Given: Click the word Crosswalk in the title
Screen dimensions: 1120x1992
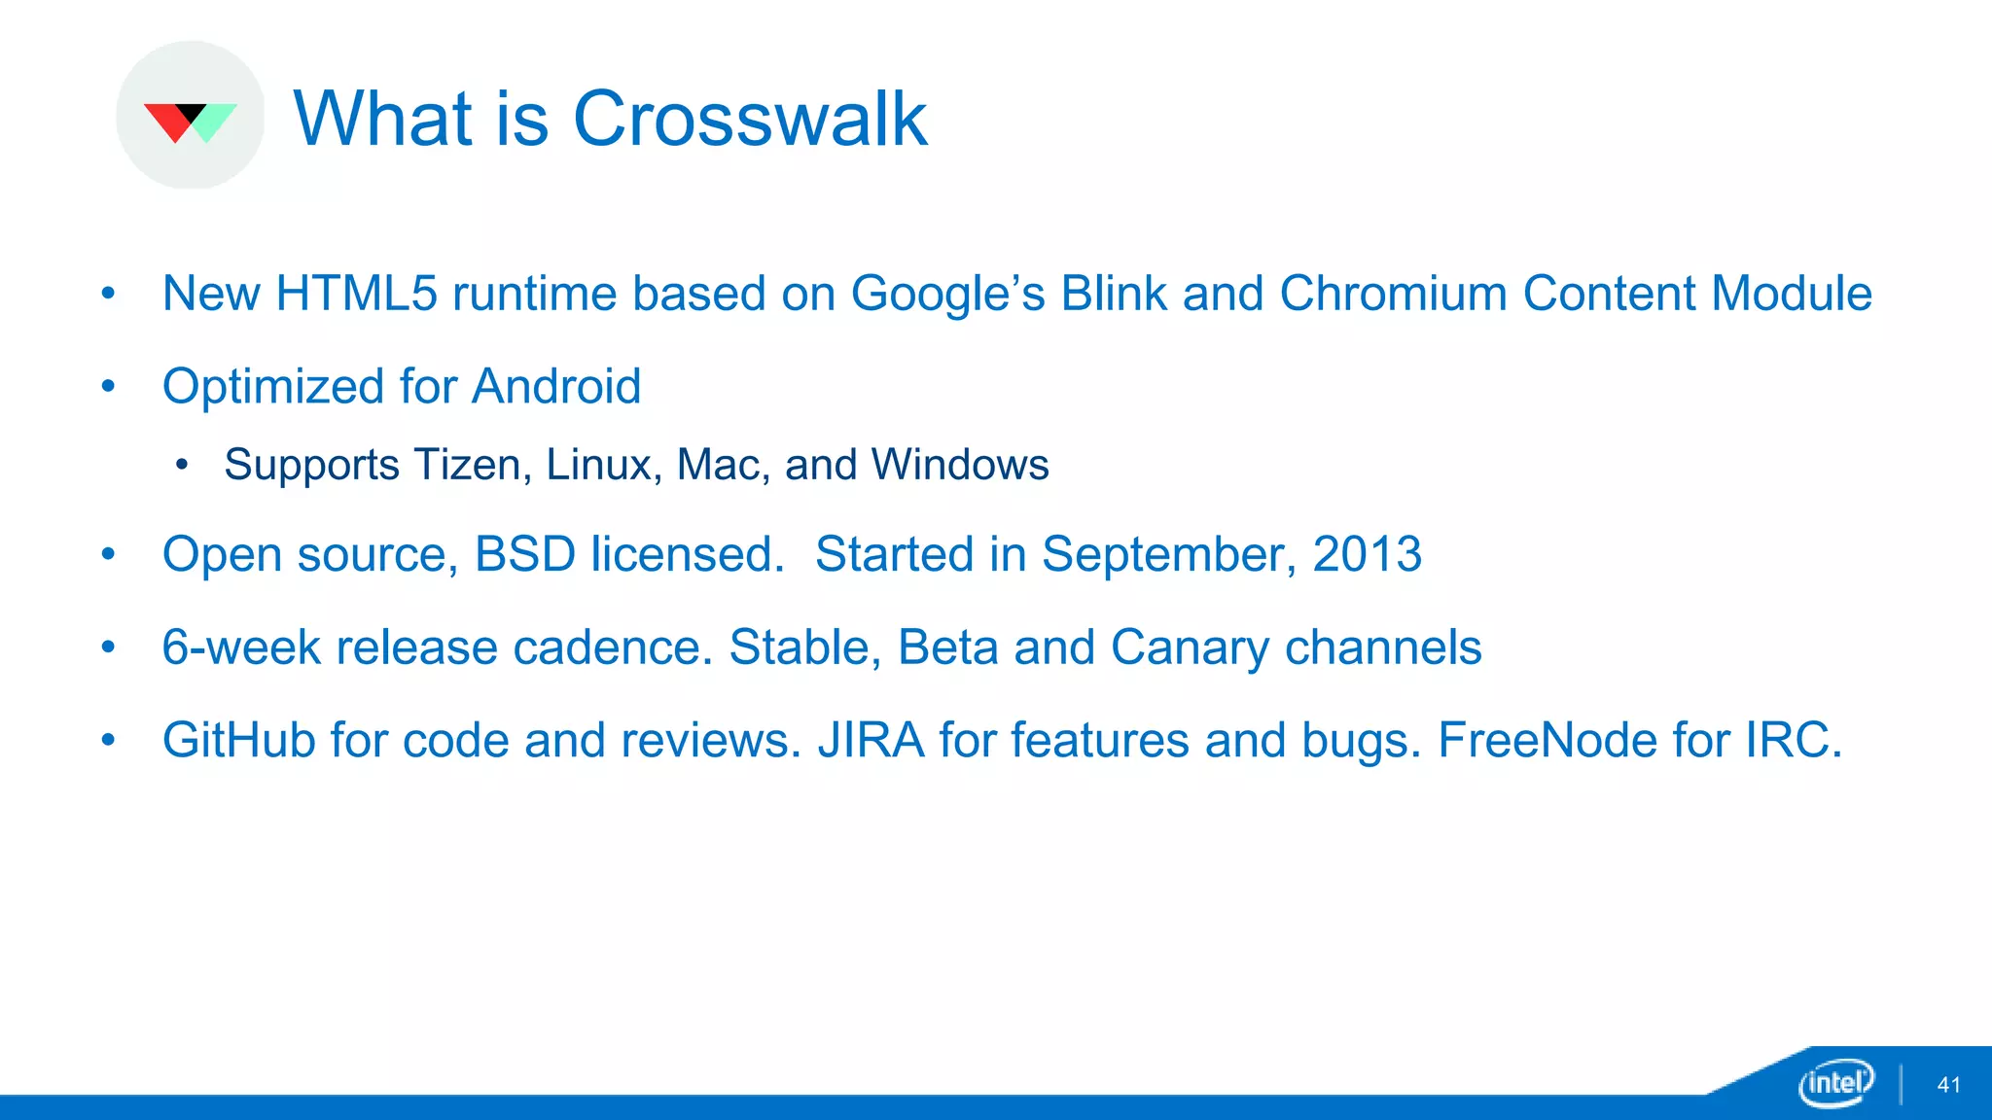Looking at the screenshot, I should pyautogui.click(x=750, y=119).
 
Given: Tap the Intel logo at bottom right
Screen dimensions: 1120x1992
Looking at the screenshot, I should pyautogui.click(x=1835, y=1082).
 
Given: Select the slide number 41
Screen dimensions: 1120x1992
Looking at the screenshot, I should pyautogui.click(x=1948, y=1085).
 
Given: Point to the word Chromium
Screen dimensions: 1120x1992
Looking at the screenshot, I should pyautogui.click(x=1393, y=294).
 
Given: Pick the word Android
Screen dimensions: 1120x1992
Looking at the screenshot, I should pyautogui.click(x=556, y=387).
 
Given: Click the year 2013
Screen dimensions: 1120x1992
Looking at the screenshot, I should pyautogui.click(x=1367, y=554).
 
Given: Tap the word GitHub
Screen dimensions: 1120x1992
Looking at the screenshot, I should pyautogui.click(x=238, y=741).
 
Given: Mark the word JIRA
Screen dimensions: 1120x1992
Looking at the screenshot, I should pyautogui.click(x=871, y=741).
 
